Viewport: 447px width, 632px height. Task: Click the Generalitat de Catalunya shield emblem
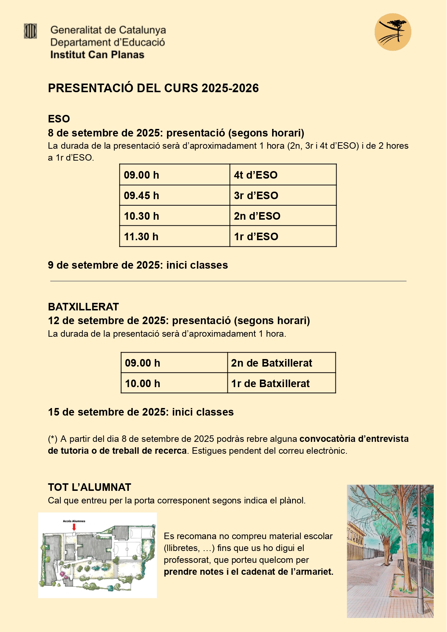30,31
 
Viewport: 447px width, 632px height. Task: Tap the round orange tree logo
393,32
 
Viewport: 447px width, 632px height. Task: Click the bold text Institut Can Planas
97,55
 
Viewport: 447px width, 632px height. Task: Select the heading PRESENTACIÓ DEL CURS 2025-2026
153,88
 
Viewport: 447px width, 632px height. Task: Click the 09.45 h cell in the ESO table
175,196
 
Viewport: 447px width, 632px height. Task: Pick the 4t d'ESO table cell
283,175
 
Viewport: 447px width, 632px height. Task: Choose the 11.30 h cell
175,237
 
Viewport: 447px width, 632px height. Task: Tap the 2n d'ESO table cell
283,216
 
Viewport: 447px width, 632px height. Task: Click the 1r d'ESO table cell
283,237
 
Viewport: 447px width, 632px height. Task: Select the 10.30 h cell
175,216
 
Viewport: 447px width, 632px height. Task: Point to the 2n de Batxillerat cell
281,363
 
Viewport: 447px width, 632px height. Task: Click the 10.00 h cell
174,384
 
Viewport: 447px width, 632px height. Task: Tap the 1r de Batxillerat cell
281,384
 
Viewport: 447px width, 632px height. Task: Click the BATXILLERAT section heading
83,307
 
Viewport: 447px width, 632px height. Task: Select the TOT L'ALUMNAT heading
90,487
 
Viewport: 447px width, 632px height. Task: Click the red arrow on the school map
74,527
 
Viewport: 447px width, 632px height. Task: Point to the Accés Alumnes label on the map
74,521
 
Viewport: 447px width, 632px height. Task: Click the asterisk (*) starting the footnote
53,439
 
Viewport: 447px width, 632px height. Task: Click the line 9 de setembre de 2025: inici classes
138,265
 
